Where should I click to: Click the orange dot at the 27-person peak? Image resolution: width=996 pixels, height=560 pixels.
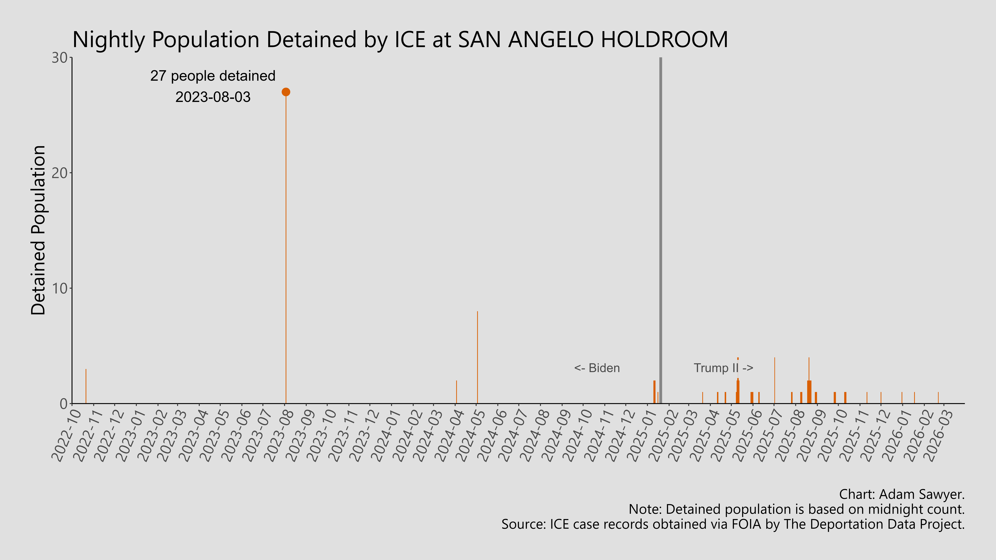tap(286, 92)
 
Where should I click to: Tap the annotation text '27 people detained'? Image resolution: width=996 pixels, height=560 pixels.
tap(213, 76)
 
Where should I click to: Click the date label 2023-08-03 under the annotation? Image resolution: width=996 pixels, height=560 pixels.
tap(213, 97)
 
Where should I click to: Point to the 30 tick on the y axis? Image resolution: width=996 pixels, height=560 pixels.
tap(60, 58)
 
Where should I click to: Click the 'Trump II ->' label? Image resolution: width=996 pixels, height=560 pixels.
tap(723, 368)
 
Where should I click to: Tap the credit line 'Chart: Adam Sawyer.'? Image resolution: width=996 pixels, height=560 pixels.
tap(902, 494)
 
